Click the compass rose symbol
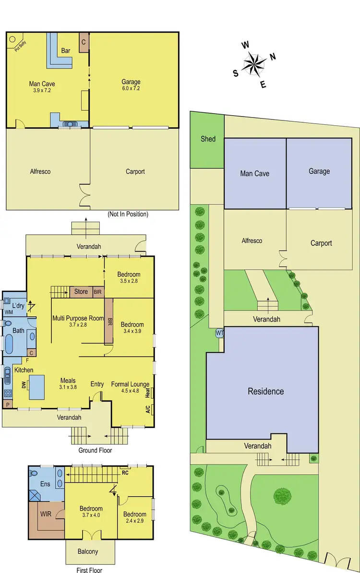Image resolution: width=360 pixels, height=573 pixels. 255,64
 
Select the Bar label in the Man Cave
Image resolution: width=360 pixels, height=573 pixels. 66,50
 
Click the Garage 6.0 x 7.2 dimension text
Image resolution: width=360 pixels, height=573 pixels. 131,89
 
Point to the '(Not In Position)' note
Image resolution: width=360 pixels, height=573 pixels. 128,214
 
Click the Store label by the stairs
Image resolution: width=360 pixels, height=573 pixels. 81,291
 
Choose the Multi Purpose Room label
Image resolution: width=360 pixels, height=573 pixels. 78,318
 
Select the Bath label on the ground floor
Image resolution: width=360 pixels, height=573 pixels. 18,330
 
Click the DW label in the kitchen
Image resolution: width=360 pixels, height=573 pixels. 24,384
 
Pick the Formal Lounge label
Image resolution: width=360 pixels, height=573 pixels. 130,384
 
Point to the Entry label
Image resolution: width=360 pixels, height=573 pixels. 97,384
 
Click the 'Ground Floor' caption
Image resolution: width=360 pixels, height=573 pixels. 95,450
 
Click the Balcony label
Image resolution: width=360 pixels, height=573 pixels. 88,551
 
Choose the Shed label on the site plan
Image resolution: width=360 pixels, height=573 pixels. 208,139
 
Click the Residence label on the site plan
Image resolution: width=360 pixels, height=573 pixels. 265,391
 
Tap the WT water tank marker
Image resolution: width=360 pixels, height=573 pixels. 220,333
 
